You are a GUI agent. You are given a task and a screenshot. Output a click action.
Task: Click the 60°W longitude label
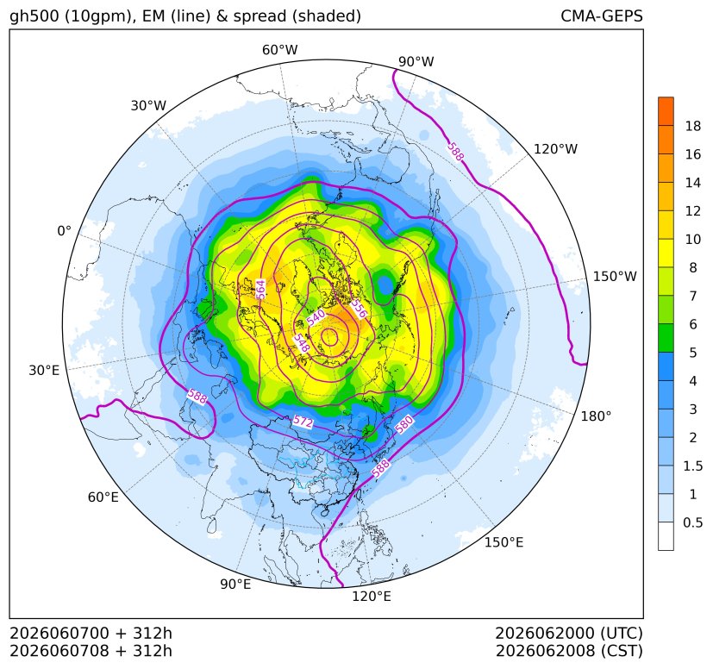[279, 50]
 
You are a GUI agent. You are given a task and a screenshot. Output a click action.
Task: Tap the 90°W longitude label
[416, 61]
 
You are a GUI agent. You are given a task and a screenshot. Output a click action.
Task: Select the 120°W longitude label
[555, 149]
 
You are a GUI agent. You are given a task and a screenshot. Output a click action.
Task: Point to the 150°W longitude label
[615, 276]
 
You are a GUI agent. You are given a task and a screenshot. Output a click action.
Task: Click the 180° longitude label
[596, 416]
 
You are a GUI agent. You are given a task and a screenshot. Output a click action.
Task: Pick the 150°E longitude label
[503, 542]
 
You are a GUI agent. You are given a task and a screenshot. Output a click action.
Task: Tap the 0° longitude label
[64, 231]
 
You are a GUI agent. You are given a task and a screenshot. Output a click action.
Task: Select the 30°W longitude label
[148, 105]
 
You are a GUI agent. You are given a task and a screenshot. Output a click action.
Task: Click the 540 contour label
[316, 317]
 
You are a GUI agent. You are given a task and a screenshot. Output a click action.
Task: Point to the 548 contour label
[302, 343]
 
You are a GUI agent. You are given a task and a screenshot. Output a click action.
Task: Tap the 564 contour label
[260, 290]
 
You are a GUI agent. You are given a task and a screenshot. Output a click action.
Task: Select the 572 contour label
[303, 422]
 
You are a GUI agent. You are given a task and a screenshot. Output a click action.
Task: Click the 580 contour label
[403, 425]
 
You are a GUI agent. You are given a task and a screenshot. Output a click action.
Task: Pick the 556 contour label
[359, 309]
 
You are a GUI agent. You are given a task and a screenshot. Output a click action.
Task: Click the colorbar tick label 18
[693, 126]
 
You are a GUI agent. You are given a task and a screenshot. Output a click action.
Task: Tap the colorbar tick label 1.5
[693, 466]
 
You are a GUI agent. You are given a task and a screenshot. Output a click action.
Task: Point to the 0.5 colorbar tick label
[693, 522]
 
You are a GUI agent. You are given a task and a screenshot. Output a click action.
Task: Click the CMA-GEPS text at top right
[602, 16]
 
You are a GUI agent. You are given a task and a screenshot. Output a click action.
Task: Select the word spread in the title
[259, 16]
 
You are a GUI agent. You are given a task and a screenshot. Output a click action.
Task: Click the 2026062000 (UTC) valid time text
[569, 633]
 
